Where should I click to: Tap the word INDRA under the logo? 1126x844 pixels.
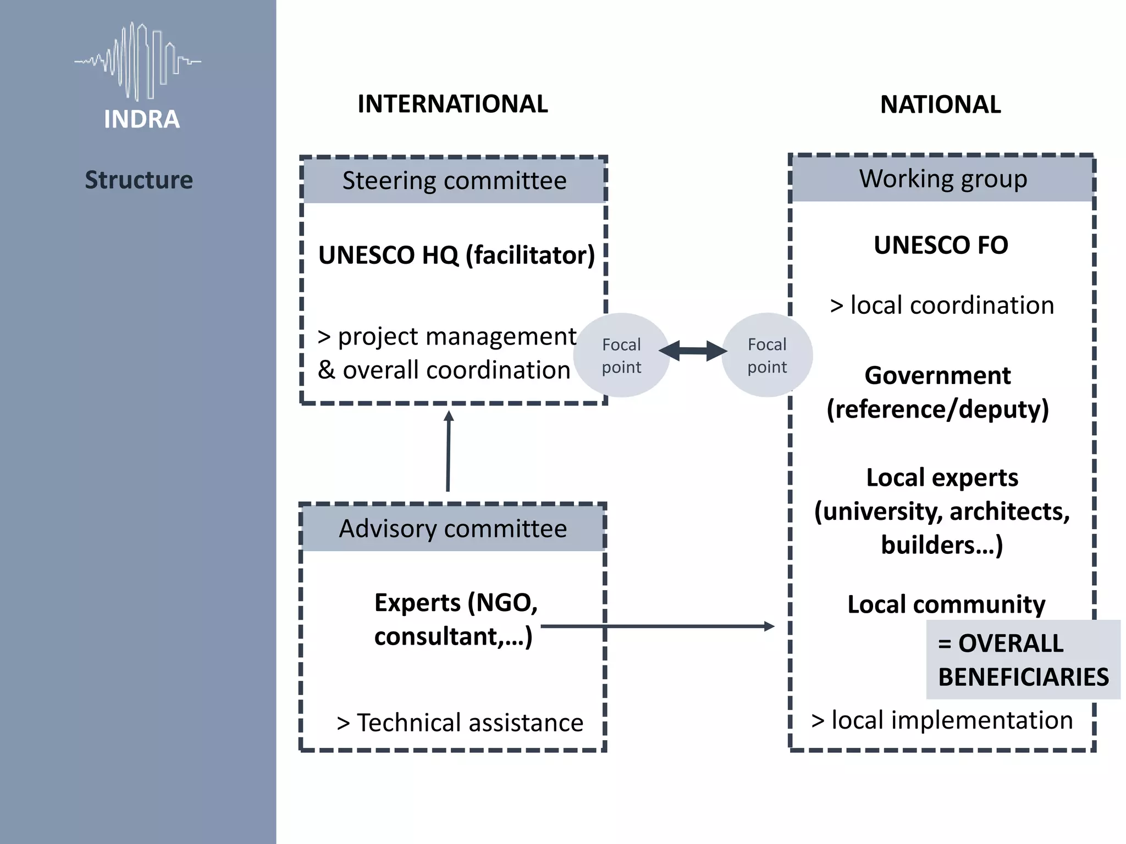(142, 119)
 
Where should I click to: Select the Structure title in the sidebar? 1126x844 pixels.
(139, 180)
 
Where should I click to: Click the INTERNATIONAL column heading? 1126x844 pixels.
(452, 104)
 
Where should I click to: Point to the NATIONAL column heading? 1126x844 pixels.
(940, 104)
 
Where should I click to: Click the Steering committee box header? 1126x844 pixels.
(454, 180)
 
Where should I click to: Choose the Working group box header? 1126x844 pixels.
(943, 179)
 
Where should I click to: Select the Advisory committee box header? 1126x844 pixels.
(452, 529)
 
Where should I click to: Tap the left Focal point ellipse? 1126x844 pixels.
(621, 355)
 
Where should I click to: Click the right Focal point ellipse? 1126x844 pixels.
(767, 355)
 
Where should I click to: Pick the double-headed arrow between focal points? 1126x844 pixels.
(693, 351)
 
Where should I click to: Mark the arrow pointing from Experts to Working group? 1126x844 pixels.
(660, 626)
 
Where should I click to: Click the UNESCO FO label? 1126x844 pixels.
(941, 245)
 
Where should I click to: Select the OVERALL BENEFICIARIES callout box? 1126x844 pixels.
(1023, 659)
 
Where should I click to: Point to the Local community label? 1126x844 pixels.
(946, 604)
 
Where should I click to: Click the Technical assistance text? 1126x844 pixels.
(460, 723)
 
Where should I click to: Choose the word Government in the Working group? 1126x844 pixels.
(937, 376)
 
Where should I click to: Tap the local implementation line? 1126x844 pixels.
(942, 720)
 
